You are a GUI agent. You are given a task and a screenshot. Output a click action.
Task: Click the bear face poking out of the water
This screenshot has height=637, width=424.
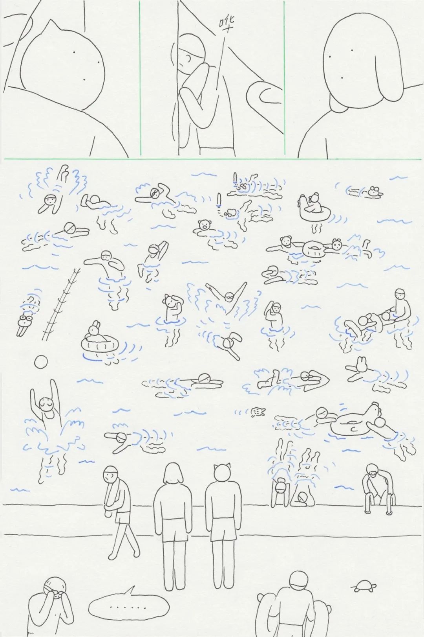tap(204, 225)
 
